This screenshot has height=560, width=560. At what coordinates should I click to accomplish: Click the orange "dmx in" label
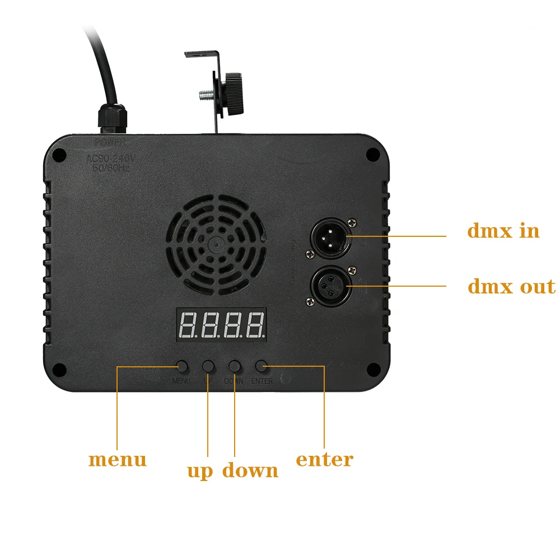[503, 231]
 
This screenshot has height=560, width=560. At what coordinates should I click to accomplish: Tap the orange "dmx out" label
[511, 287]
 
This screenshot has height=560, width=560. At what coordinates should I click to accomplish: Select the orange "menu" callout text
[118, 460]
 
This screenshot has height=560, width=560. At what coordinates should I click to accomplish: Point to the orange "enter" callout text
[324, 460]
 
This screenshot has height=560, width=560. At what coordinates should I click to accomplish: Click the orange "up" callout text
[200, 470]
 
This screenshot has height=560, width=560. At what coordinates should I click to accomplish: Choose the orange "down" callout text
[250, 470]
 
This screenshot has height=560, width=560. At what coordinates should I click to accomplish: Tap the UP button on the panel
[208, 367]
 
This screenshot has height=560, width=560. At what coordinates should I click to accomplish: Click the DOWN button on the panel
[235, 367]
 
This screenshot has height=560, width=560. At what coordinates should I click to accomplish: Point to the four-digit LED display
[221, 325]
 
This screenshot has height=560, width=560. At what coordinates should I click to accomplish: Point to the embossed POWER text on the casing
[110, 143]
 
